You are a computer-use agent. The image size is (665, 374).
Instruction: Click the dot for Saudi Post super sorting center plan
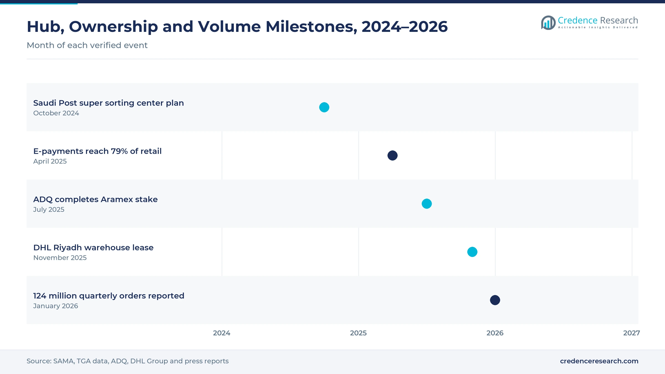click(324, 107)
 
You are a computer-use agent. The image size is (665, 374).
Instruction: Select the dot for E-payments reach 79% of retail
click(392, 155)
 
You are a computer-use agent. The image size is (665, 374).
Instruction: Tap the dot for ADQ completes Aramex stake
click(427, 204)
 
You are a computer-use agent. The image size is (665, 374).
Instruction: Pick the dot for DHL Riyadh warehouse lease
click(472, 252)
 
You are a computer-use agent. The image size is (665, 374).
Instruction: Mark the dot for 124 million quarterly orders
click(495, 300)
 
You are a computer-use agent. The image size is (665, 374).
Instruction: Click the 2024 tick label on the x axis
click(222, 333)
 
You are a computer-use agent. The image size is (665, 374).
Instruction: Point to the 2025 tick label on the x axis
click(358, 333)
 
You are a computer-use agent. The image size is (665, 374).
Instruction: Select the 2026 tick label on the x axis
click(495, 333)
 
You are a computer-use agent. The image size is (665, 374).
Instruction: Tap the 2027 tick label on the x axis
click(631, 333)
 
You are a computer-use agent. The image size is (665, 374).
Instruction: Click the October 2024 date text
click(56, 113)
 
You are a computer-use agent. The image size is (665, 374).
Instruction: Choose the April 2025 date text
click(50, 161)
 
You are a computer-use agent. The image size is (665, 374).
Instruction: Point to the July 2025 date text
click(49, 209)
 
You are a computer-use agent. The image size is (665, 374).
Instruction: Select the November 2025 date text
click(60, 258)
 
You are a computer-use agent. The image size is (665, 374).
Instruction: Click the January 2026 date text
click(55, 306)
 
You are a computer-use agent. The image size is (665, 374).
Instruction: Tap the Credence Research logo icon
click(548, 23)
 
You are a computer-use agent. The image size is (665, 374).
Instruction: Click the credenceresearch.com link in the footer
click(599, 361)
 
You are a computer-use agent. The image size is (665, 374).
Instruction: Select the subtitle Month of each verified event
click(87, 45)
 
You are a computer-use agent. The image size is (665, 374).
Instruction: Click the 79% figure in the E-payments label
click(119, 151)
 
